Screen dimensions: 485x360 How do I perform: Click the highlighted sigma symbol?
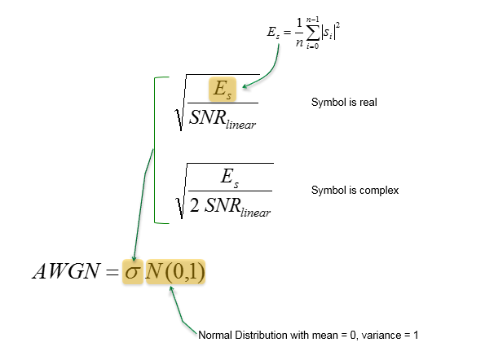point(132,272)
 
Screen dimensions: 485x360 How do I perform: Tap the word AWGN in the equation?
point(67,271)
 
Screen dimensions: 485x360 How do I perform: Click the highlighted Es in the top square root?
point(223,90)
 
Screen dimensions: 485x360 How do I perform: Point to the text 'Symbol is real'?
point(344,103)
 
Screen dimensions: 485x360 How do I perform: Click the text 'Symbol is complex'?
point(355,190)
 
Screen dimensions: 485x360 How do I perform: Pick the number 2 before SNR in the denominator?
point(194,205)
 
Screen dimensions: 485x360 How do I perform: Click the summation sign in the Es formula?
point(313,33)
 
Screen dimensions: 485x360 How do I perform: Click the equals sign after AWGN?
point(112,272)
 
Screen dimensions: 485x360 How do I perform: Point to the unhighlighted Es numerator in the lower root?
point(230,178)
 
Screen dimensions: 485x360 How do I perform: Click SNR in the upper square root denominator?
point(207,117)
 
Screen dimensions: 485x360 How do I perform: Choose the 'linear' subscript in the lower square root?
point(255,213)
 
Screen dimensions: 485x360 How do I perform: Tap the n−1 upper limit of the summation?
point(312,20)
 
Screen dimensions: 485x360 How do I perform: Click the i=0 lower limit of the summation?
point(312,46)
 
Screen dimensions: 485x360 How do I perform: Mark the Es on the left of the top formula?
point(273,33)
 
